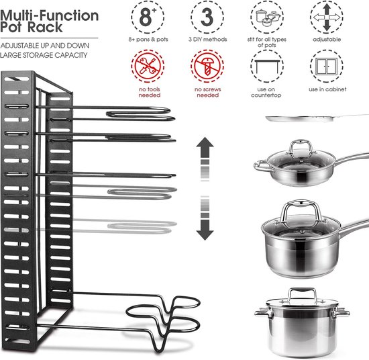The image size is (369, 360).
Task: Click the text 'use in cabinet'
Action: point(325,89)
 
